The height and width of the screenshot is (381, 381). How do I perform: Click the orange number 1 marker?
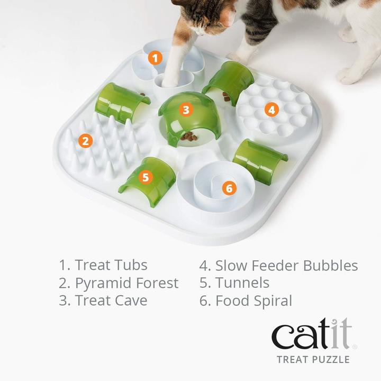tap(154, 58)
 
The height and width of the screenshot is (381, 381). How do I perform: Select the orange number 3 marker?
tap(185, 110)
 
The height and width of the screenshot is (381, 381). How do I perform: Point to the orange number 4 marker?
tap(272, 110)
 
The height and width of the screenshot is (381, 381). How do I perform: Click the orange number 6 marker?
tap(229, 188)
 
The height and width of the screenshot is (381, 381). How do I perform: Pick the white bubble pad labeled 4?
tap(273, 111)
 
